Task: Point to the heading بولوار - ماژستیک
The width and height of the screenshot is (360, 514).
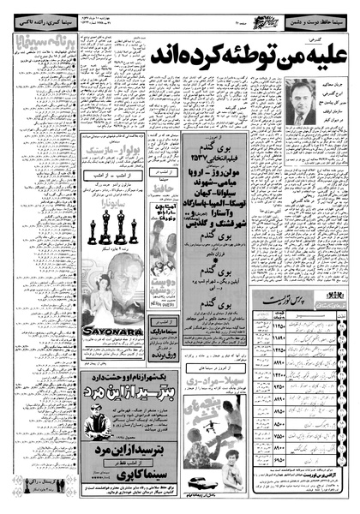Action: [108, 176]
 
